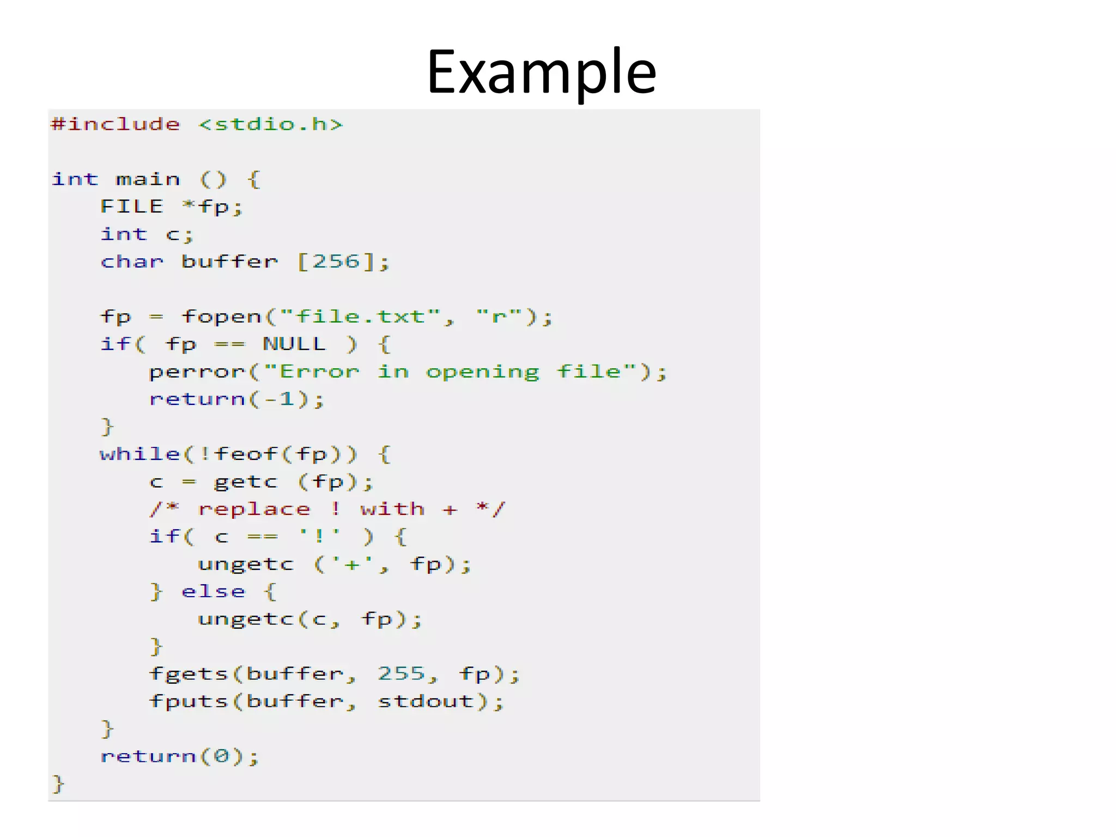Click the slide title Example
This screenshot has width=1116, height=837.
(x=541, y=72)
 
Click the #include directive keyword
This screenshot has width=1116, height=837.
(x=115, y=124)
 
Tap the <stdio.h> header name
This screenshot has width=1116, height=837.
(x=271, y=124)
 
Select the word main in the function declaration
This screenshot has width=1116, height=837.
(x=148, y=179)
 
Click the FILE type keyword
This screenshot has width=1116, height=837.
(x=132, y=207)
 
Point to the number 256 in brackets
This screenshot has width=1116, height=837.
(x=336, y=262)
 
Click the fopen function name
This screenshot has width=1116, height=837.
(x=222, y=317)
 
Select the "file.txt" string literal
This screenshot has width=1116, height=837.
(x=360, y=317)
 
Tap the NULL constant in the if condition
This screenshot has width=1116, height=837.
(x=294, y=344)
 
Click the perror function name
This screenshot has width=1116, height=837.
(x=197, y=372)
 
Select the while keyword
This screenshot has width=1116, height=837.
(x=140, y=454)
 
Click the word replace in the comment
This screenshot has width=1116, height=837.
(x=254, y=510)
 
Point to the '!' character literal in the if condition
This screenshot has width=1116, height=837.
(x=320, y=536)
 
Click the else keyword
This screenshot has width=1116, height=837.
(x=214, y=591)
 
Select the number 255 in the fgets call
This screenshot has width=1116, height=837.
(x=401, y=674)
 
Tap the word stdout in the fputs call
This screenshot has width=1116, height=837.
(x=426, y=701)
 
